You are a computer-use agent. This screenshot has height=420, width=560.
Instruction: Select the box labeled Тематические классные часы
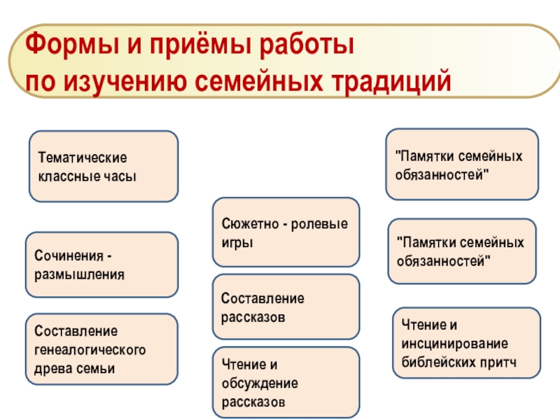click(104, 166)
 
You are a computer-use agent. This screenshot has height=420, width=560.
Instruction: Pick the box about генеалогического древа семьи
click(101, 349)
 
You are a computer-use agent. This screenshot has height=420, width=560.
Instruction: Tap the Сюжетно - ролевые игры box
click(286, 232)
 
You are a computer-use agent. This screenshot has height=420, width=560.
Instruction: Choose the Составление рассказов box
click(286, 307)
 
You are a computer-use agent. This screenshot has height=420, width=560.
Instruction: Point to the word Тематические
click(83, 158)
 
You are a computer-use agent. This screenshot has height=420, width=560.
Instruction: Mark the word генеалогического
click(90, 349)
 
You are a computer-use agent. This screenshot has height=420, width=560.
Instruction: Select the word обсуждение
click(260, 384)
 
